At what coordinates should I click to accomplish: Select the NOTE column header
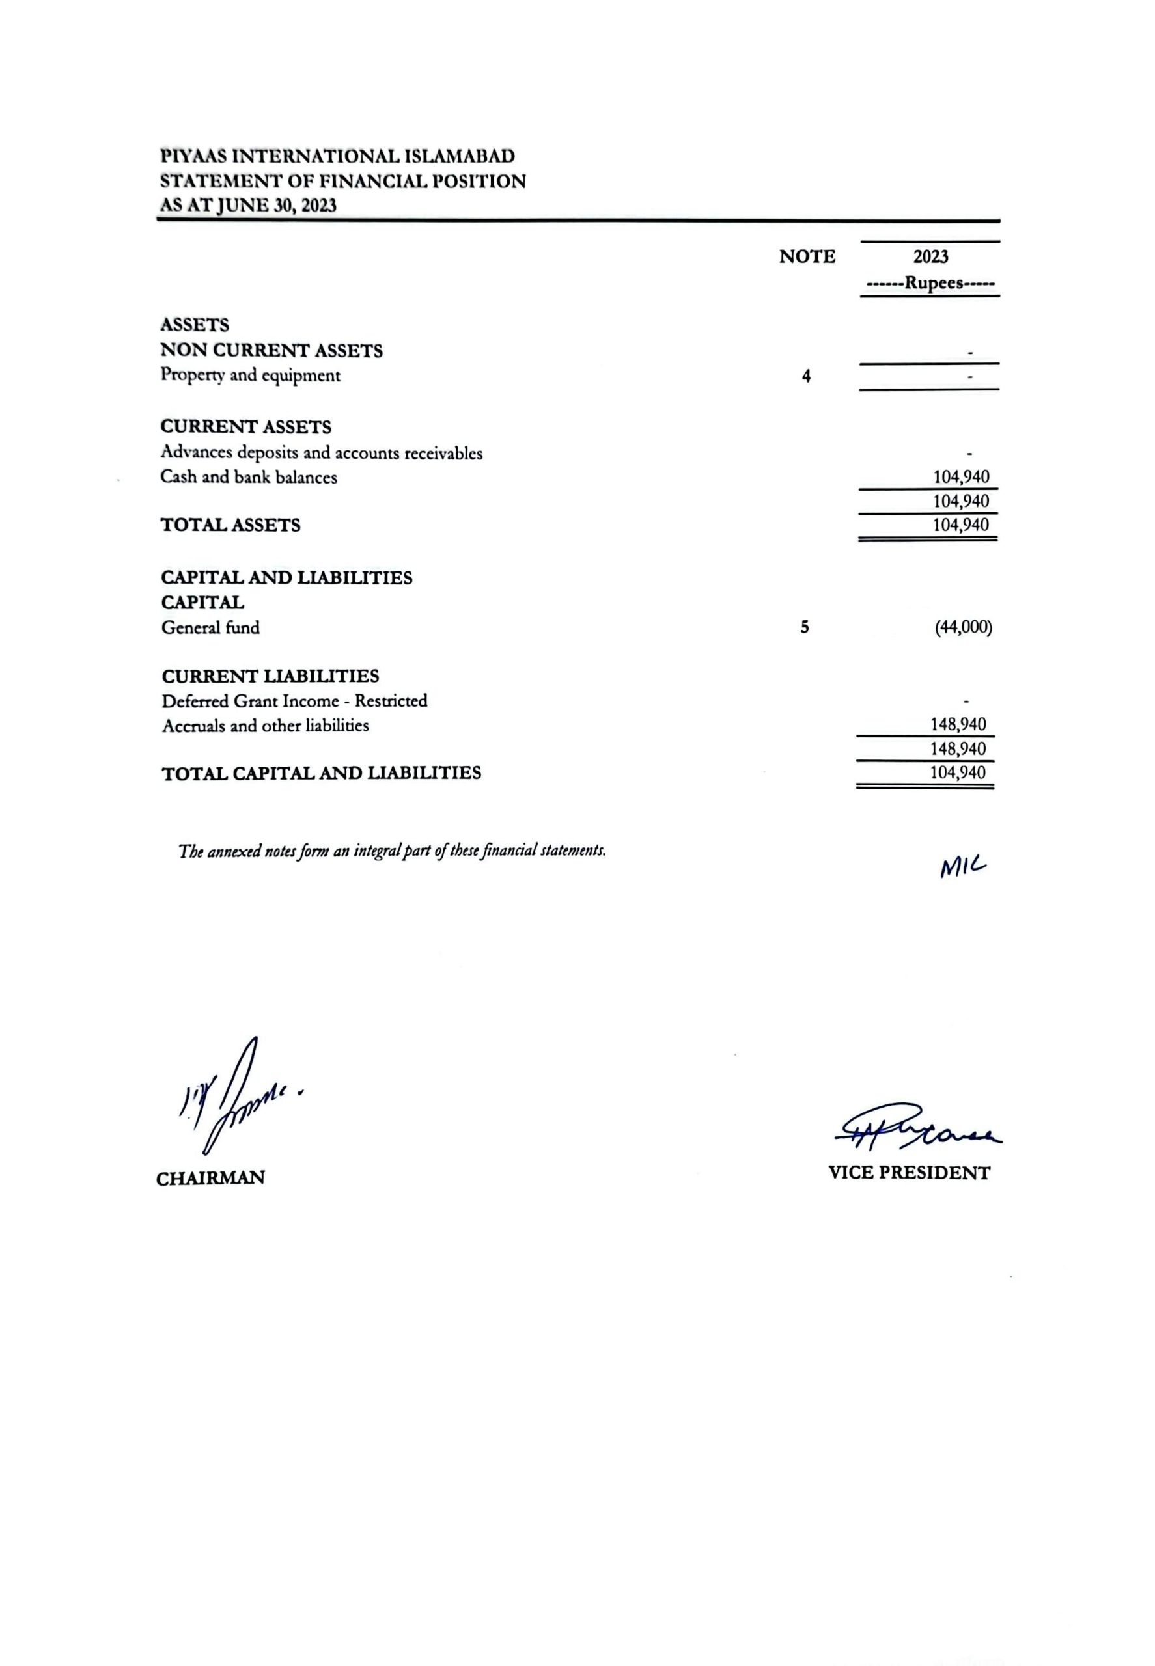click(x=807, y=257)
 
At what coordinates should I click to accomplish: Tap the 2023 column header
click(x=930, y=257)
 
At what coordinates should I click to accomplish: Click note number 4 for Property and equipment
click(x=806, y=376)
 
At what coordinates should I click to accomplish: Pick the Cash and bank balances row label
click(x=249, y=478)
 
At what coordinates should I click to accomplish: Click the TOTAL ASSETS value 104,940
click(x=960, y=525)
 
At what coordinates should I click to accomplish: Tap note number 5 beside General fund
click(x=805, y=627)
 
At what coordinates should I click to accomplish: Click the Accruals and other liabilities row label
click(x=265, y=726)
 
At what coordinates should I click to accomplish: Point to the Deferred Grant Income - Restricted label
click(x=294, y=701)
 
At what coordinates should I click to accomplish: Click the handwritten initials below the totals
click(x=963, y=867)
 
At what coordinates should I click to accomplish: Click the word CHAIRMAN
click(x=210, y=1179)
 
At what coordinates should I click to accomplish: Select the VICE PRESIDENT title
click(x=909, y=1173)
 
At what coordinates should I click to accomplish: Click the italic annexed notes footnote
click(x=391, y=851)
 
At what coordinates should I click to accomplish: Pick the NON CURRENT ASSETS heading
click(x=271, y=351)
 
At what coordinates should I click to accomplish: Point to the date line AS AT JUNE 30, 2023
click(x=248, y=206)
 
